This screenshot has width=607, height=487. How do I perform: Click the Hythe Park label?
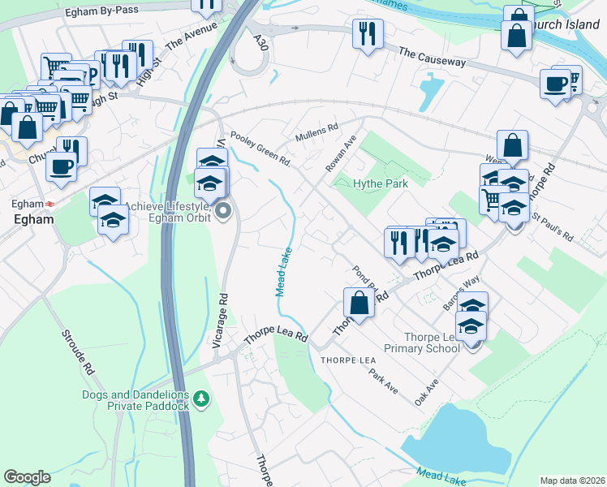pyautogui.click(x=380, y=184)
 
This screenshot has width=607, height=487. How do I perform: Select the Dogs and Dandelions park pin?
pyautogui.click(x=202, y=399)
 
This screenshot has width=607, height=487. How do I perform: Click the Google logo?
pyautogui.click(x=27, y=477)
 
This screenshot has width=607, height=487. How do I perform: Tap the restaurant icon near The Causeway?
pyautogui.click(x=368, y=34)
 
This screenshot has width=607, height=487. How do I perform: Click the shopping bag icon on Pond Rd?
pyautogui.click(x=359, y=304)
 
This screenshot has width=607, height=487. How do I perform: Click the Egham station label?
pyautogui.click(x=32, y=219)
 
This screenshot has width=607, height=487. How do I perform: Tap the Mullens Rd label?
pyautogui.click(x=316, y=131)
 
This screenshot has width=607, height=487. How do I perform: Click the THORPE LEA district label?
pyautogui.click(x=348, y=360)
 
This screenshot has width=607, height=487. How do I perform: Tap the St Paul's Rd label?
pyautogui.click(x=553, y=228)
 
